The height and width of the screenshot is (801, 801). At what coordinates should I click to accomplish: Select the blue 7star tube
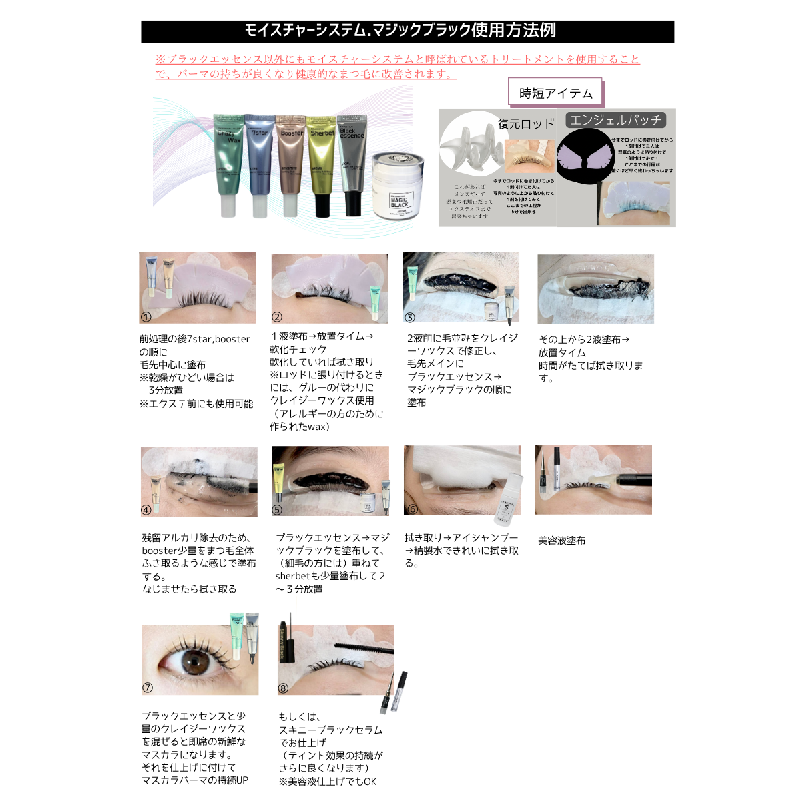[259, 164]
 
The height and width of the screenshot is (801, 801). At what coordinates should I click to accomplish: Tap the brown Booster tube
[290, 164]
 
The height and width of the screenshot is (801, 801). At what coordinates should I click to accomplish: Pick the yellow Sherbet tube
[322, 164]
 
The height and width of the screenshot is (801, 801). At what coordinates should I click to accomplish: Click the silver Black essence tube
[352, 164]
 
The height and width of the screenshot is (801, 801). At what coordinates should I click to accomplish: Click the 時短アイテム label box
[555, 93]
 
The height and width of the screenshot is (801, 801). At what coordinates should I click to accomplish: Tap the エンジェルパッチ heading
[615, 120]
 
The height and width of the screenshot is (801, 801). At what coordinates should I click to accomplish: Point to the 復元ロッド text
[526, 124]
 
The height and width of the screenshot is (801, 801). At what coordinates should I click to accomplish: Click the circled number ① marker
[146, 317]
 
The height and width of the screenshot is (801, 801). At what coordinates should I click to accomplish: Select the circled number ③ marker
[410, 317]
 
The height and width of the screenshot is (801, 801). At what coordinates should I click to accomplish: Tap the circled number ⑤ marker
[278, 510]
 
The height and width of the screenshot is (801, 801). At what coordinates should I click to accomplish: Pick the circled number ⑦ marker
[148, 688]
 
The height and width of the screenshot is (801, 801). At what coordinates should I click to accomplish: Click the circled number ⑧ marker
[283, 688]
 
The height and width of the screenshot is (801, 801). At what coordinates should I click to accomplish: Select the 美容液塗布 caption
[562, 541]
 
